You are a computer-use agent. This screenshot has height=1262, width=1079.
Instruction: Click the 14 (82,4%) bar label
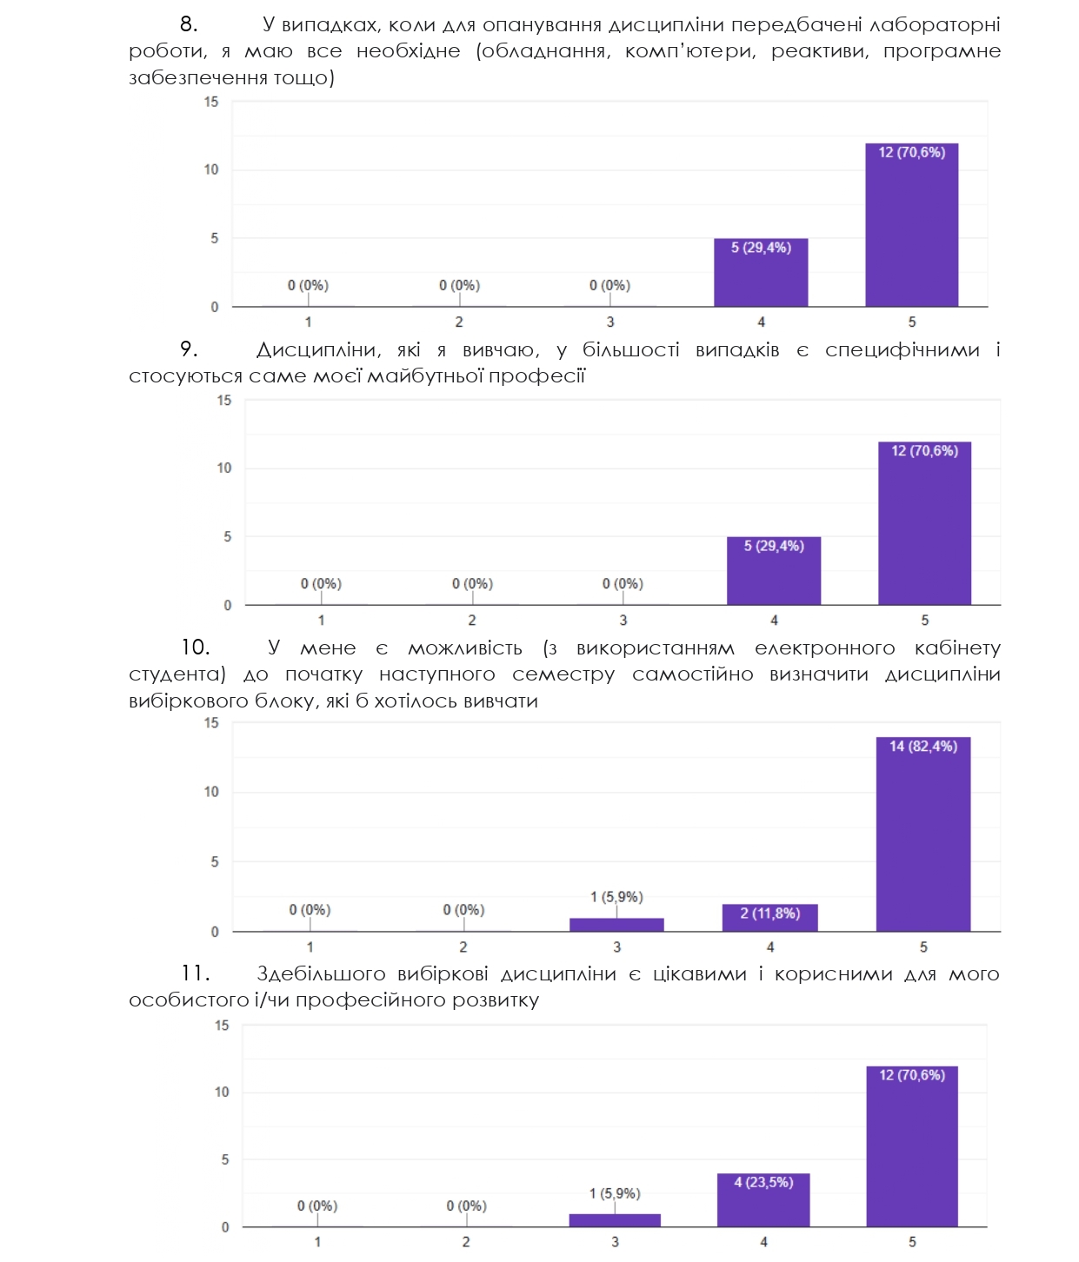922,747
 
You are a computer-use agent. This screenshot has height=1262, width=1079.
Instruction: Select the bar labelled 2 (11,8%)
769,918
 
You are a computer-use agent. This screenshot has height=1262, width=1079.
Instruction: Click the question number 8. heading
189,24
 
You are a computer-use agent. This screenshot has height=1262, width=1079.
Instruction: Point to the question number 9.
189,349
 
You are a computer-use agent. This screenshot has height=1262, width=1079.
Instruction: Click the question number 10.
195,648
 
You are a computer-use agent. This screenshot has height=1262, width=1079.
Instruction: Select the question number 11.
195,973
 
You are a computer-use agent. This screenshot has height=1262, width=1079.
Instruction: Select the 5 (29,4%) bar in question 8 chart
761,273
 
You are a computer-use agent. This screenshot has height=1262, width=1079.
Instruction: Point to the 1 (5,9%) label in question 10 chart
616,897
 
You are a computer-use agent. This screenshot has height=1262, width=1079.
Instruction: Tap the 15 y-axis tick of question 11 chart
222,1026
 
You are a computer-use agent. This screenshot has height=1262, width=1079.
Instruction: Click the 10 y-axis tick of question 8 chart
211,169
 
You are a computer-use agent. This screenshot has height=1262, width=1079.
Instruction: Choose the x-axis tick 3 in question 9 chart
623,621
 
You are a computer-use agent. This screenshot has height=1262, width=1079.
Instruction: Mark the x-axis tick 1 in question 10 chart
310,947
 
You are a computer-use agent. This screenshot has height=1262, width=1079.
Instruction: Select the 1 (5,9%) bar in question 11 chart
615,1220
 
